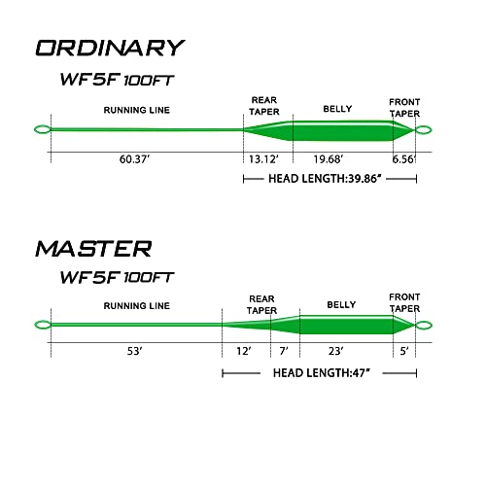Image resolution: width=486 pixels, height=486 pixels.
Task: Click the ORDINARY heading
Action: (110, 49)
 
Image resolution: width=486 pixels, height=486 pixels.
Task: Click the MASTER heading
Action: (93, 249)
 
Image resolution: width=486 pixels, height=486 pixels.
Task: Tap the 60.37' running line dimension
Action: (134, 159)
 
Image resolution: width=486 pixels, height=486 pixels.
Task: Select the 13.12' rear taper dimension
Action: (263, 159)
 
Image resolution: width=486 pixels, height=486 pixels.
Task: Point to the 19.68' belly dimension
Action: (328, 159)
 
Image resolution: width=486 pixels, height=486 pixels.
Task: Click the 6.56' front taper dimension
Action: (403, 159)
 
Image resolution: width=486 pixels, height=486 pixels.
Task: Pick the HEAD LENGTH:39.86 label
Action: (325, 179)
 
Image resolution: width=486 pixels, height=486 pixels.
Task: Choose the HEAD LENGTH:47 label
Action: (322, 373)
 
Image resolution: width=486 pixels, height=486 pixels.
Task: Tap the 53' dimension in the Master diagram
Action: (134, 351)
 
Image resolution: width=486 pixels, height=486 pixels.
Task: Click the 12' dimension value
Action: (244, 351)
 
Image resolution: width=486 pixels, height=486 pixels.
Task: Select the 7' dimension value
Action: (284, 351)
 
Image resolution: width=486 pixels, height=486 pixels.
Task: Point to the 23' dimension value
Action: (335, 351)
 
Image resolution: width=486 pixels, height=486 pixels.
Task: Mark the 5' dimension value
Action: (404, 351)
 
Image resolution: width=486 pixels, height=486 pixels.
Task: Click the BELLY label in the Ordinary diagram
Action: (337, 109)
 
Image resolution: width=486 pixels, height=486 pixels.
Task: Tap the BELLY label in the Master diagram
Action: (341, 304)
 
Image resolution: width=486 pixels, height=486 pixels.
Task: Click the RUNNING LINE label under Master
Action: (137, 306)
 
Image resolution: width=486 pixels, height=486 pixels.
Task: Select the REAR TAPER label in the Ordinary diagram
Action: (264, 106)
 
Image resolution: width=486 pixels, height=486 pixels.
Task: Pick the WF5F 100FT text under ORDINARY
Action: (117, 80)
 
